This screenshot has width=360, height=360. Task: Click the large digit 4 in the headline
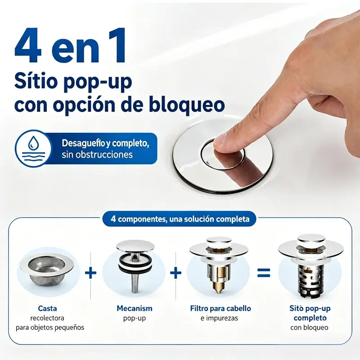pos(28,45)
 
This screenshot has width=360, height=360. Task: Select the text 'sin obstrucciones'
pos(97,154)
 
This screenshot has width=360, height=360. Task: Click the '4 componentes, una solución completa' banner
pos(180,219)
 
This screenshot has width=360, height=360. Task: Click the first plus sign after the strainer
pos(91,273)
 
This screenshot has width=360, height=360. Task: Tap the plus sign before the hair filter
pos(175,273)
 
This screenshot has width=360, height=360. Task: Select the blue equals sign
pos(264,273)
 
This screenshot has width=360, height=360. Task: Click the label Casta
pos(47,308)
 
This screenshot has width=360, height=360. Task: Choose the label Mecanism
pos(134,308)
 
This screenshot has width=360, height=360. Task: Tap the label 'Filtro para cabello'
pos(220,308)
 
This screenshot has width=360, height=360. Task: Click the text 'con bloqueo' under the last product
pos(309,328)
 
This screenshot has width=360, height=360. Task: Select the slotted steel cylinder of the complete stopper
pos(310,279)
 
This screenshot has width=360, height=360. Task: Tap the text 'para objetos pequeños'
pos(50,328)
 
